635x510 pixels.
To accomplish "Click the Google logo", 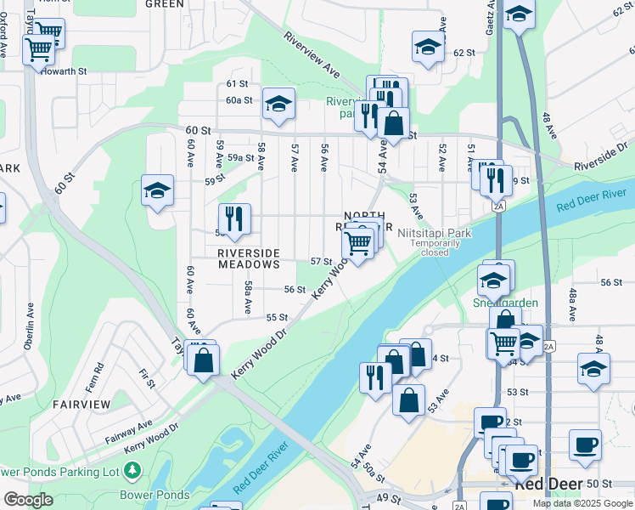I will point(27,500).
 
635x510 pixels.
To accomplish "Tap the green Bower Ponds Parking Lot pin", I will point(132,470).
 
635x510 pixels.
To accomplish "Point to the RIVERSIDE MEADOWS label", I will point(249,259).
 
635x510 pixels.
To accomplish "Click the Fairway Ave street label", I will point(129,431).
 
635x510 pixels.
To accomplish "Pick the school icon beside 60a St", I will point(278,105).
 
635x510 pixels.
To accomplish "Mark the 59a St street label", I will point(240,157).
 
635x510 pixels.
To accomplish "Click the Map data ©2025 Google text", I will point(582,503).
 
